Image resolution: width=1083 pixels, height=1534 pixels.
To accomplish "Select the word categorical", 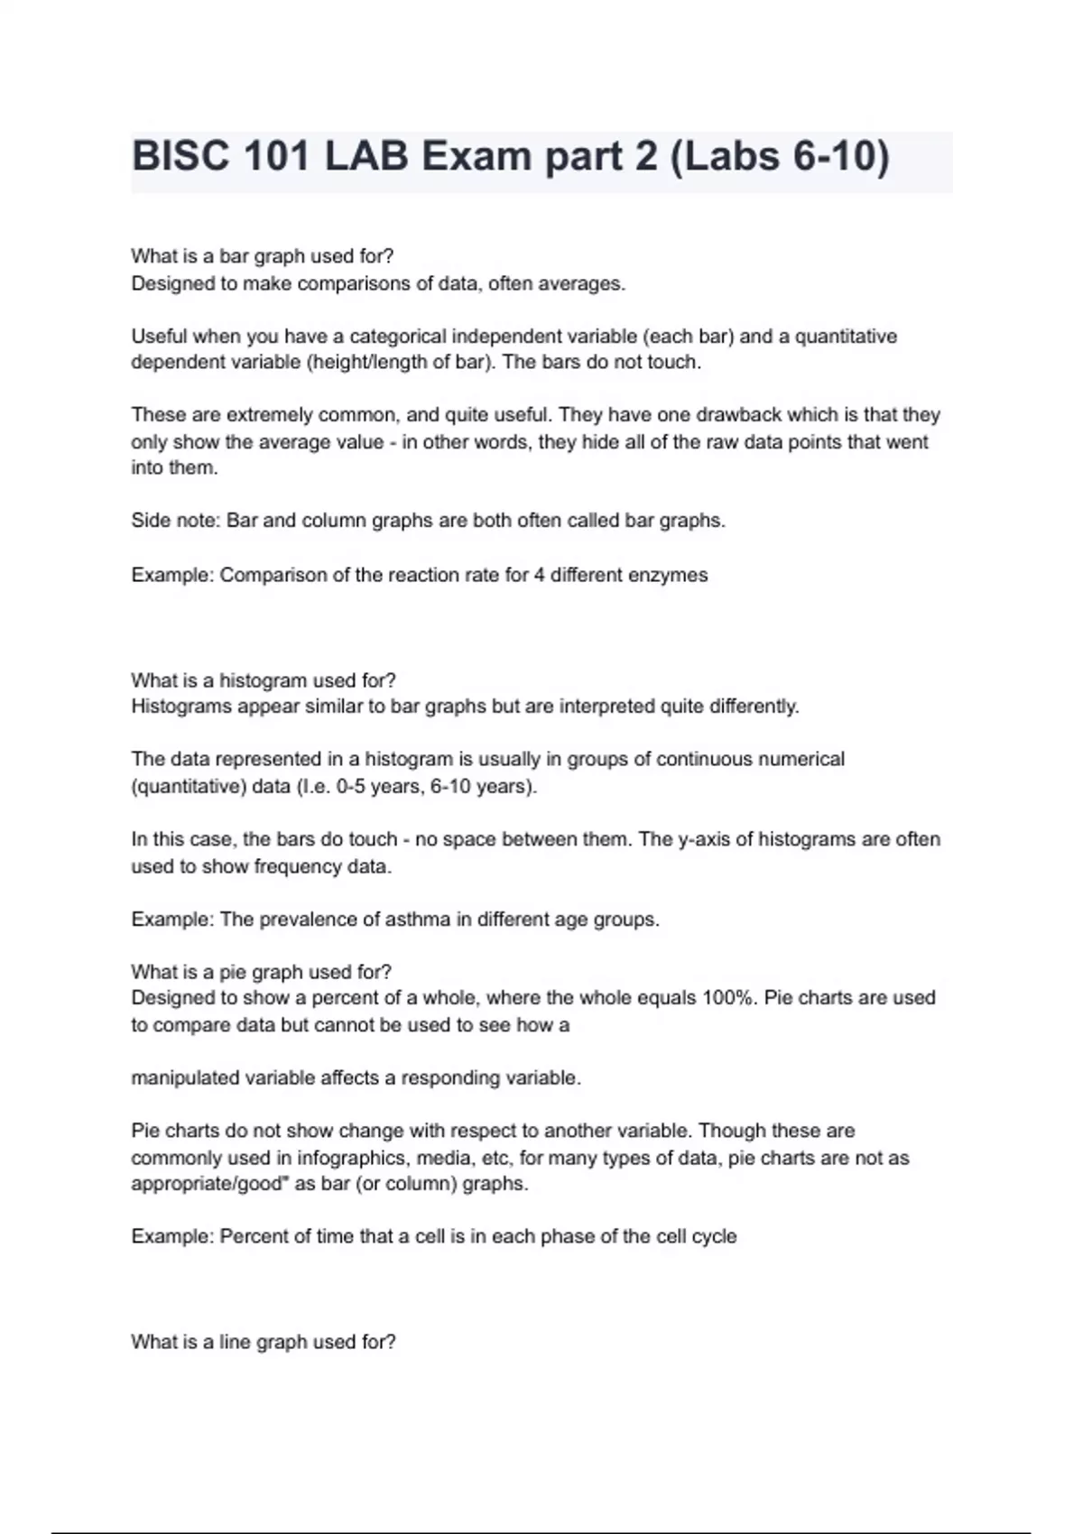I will pos(398,337).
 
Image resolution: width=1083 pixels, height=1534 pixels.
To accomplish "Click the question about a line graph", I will pos(264,1342).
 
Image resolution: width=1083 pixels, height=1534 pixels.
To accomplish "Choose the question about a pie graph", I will pos(261,972).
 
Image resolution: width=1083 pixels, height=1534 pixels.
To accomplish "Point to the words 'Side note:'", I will pos(175,521).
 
